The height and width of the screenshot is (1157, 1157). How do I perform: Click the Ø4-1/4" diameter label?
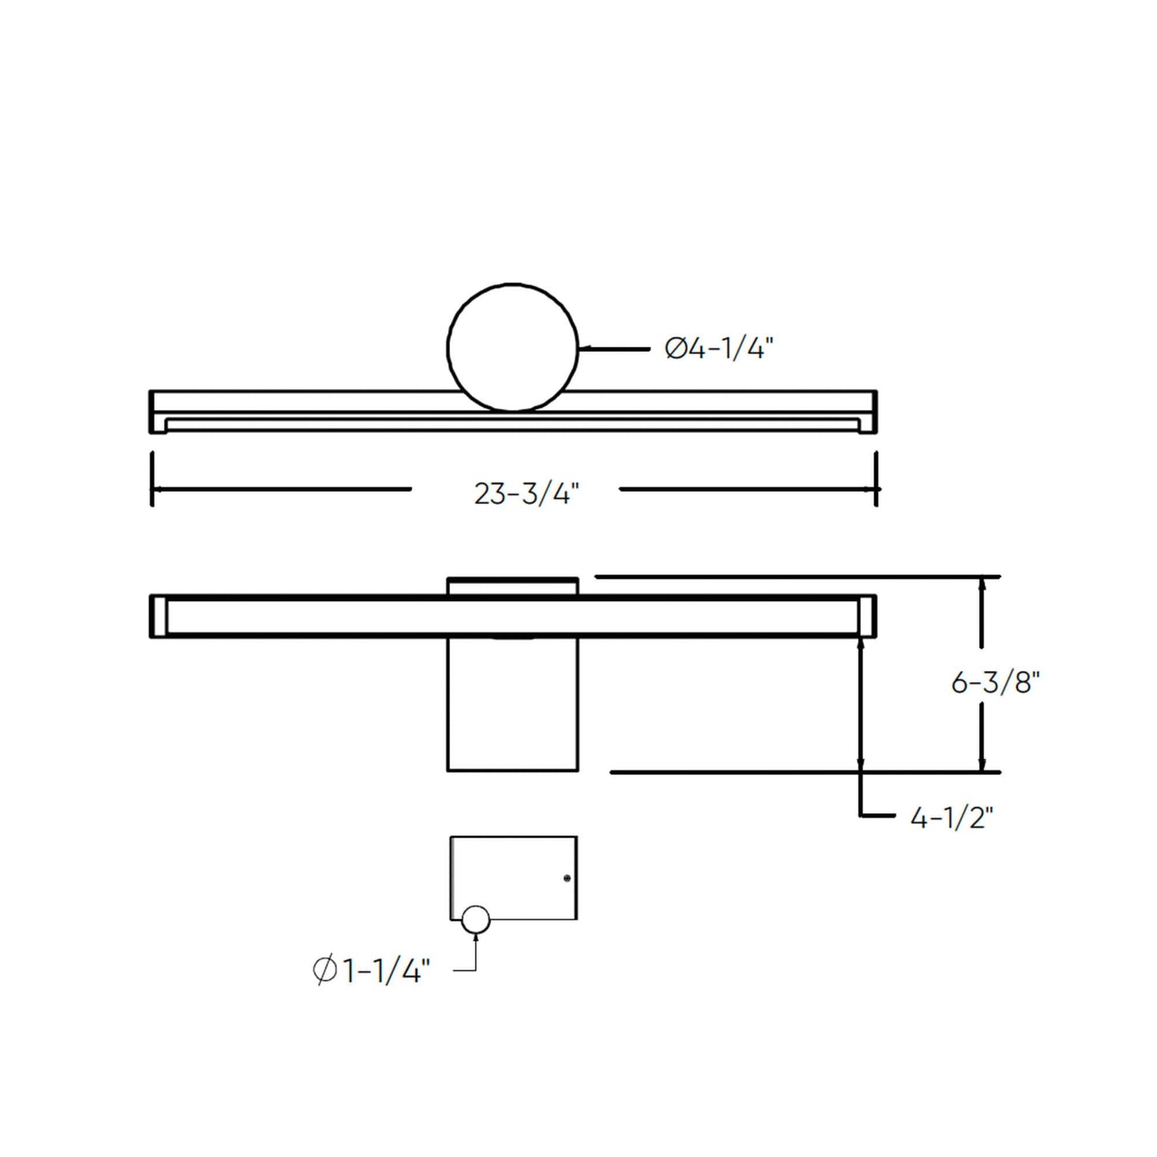pos(719,348)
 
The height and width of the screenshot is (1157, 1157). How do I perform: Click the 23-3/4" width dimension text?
pos(526,494)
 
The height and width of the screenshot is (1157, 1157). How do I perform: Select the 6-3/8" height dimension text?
pos(995,683)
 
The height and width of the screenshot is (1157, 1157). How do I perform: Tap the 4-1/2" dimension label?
pos(952,818)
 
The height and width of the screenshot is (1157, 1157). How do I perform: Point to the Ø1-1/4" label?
pos(372,971)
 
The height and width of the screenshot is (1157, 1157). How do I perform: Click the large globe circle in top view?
pos(512,347)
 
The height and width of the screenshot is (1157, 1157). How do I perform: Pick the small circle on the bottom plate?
pos(475,920)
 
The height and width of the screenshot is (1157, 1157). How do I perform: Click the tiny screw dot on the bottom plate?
pos(567,878)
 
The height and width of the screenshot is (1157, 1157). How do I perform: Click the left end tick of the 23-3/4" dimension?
pos(151,480)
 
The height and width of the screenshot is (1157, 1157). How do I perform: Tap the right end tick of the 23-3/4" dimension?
pos(877,480)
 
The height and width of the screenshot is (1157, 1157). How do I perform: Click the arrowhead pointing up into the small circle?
pos(476,939)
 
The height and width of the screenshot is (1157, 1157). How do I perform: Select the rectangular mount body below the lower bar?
pos(512,705)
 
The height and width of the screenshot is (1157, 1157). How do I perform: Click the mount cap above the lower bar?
pos(512,586)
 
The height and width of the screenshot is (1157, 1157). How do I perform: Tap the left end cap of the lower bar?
pos(158,616)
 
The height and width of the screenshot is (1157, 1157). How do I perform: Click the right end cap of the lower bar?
pos(867,616)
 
